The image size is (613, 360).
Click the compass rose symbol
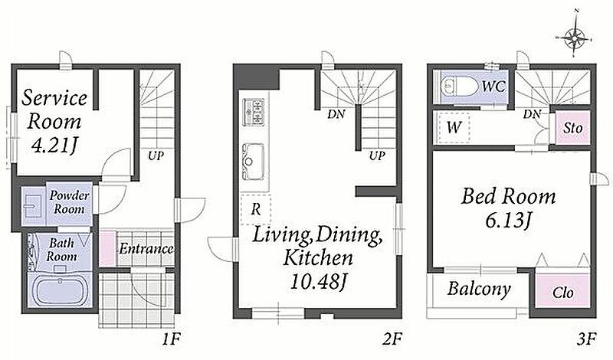point(574,38)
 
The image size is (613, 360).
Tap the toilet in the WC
point(457,86)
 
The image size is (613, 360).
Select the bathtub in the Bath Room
point(60,291)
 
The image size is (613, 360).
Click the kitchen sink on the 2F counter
point(254,162)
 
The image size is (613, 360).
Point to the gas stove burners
point(254,112)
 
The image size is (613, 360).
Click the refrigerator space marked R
point(256,209)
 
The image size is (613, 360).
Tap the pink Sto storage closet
point(572,128)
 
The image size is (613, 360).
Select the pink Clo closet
point(563,292)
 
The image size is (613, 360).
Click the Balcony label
point(479,289)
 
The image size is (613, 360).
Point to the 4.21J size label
point(54,146)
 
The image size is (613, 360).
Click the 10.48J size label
point(319,281)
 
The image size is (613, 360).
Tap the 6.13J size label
point(508,220)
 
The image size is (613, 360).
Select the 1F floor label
point(171,339)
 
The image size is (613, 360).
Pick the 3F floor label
point(586,339)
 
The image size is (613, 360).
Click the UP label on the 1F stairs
point(156,156)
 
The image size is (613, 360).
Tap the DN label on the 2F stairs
point(336,114)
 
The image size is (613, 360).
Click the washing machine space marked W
point(454,127)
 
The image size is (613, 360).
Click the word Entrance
point(146,249)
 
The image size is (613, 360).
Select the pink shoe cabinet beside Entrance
point(107,249)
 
